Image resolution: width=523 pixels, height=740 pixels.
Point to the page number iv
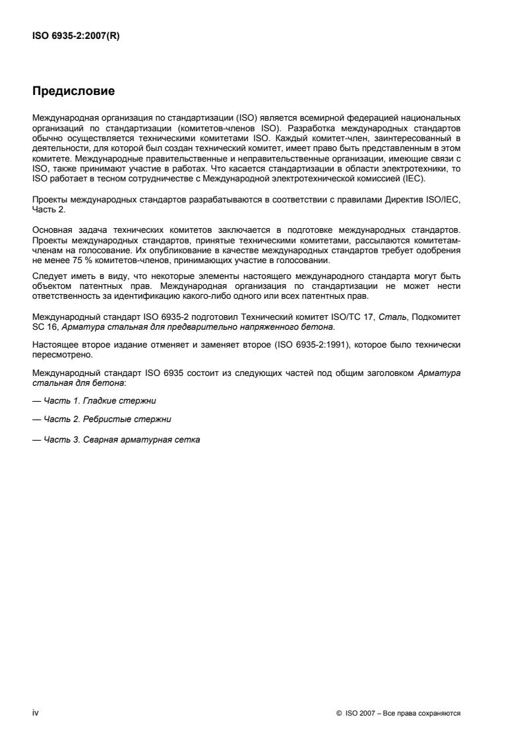tap(36, 714)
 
